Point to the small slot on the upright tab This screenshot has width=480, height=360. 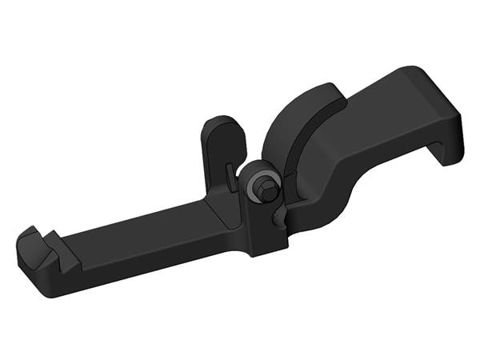[230, 178]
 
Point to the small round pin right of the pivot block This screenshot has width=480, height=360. [278, 216]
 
